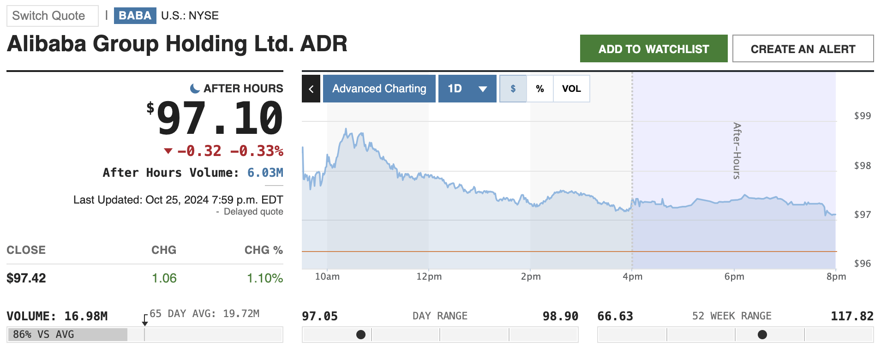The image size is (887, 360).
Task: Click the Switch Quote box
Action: (x=53, y=16)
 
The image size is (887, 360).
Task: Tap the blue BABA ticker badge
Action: (x=135, y=16)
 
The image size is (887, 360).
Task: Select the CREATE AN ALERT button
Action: (x=803, y=48)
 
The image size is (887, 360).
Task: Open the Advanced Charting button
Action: (x=379, y=89)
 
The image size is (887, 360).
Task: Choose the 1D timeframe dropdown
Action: (x=467, y=89)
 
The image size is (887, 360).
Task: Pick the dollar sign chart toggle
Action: (x=513, y=89)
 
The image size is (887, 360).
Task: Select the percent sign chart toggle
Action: (x=540, y=89)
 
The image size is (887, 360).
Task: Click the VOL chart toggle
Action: (x=571, y=89)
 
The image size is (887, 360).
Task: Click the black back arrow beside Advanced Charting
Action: (x=311, y=89)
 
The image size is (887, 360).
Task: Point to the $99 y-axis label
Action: (x=863, y=116)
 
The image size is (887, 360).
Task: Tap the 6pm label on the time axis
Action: (x=734, y=276)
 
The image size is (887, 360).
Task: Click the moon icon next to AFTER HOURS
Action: (x=195, y=88)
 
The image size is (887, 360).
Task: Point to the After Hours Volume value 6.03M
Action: (x=265, y=173)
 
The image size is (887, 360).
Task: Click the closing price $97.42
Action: (x=26, y=278)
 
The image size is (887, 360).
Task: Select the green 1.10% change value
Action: (x=265, y=278)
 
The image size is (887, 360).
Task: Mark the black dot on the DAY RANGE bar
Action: (x=361, y=335)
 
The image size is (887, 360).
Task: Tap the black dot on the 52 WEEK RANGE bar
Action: (x=762, y=335)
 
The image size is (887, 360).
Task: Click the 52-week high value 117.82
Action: (x=852, y=316)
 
